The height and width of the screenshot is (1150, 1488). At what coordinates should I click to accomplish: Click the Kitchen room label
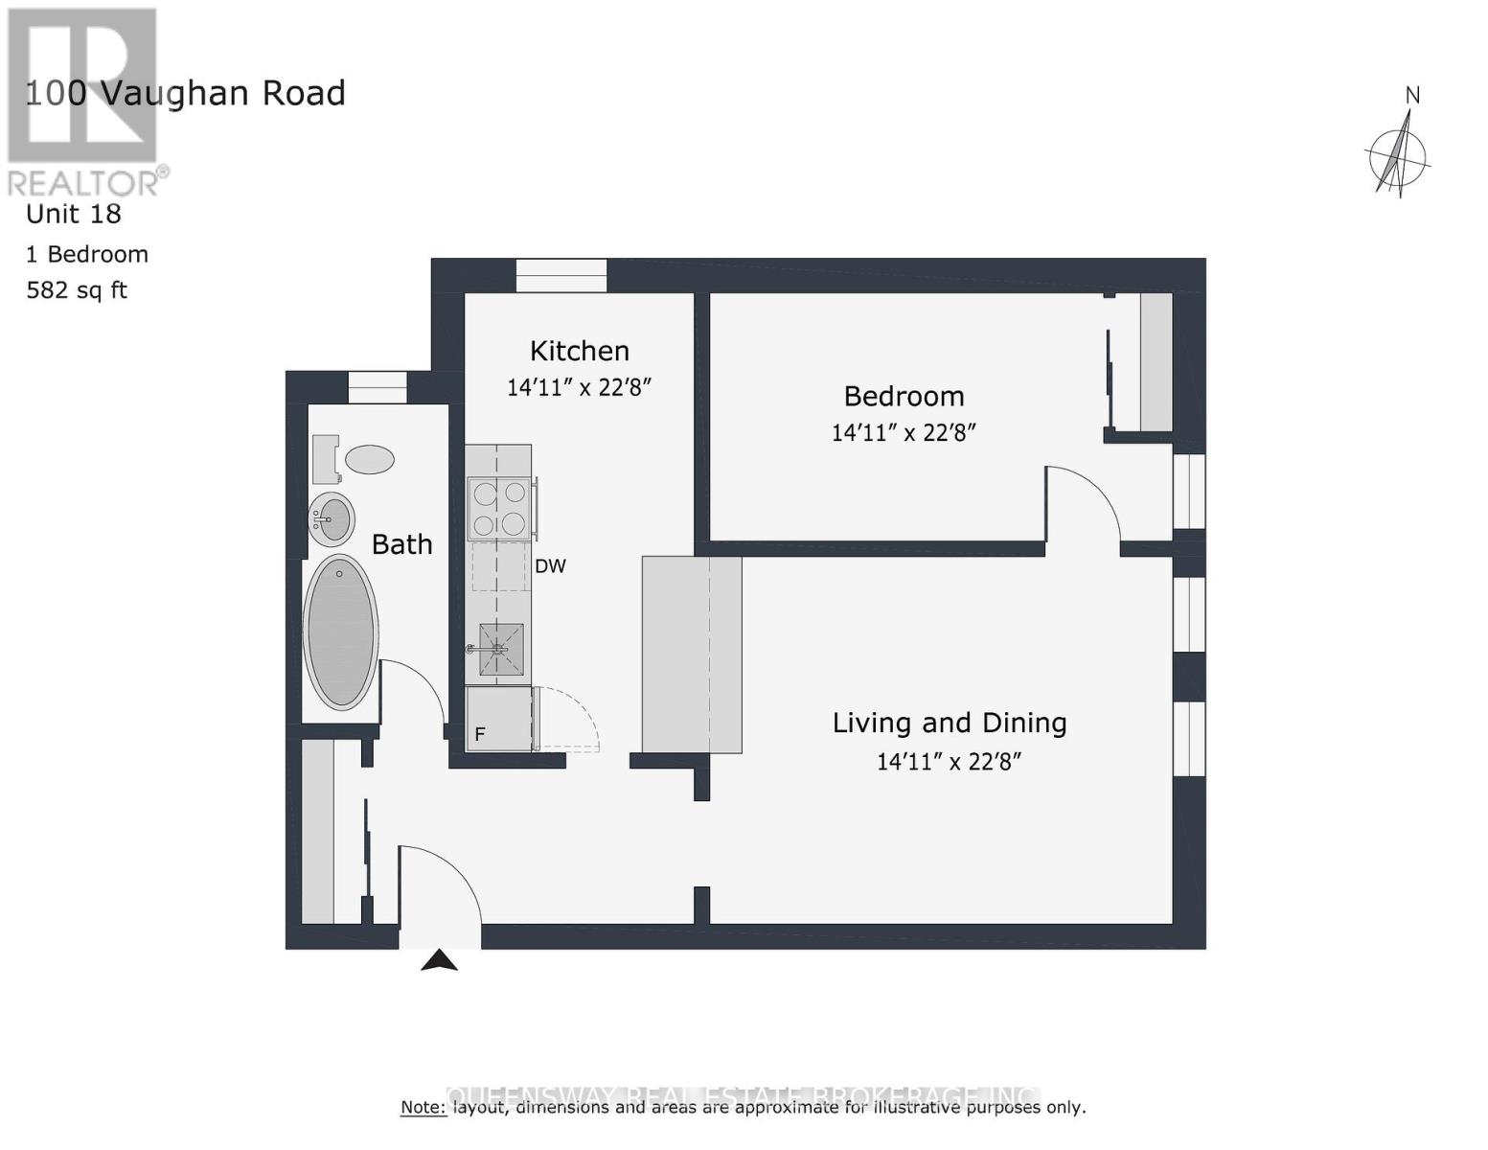tap(580, 351)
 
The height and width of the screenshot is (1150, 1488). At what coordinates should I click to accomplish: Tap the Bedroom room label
tap(904, 396)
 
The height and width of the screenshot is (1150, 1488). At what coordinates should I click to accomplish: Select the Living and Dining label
tap(949, 723)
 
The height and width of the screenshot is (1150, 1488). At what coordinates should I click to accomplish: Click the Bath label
tap(401, 544)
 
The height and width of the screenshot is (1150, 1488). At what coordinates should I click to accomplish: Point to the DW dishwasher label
tap(550, 566)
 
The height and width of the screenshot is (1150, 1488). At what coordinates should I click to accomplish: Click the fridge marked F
tap(497, 719)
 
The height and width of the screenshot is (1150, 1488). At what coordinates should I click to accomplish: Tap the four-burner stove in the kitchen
tap(499, 508)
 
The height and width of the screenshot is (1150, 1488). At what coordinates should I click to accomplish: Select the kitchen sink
tap(501, 649)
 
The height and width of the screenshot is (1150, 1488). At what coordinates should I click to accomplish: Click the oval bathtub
tap(340, 632)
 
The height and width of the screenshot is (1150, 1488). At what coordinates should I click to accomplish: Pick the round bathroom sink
tap(332, 519)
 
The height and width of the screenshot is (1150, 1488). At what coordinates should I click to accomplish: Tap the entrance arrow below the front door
tap(439, 960)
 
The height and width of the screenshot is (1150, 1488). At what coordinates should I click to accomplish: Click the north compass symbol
tap(1399, 153)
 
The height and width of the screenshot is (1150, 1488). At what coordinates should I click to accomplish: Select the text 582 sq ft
tap(77, 290)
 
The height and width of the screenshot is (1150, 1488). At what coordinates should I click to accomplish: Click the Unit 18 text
tap(74, 214)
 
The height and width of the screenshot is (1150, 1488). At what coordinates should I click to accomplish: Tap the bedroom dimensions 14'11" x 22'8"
tap(903, 432)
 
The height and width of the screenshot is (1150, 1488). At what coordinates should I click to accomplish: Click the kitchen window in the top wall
tap(561, 276)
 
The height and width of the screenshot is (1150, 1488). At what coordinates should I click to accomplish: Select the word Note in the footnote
tap(423, 1108)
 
